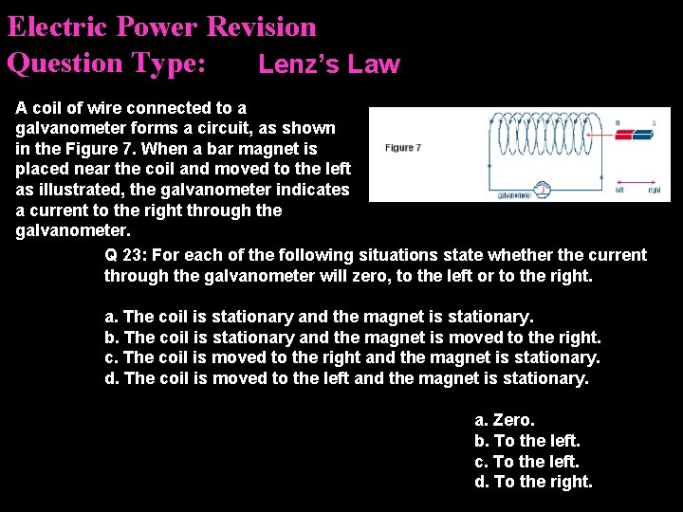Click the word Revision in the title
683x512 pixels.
(x=261, y=27)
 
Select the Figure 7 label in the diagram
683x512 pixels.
(x=403, y=148)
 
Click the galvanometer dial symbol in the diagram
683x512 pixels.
(x=543, y=191)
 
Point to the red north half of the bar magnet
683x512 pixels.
(x=625, y=135)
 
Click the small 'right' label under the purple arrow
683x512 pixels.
(x=654, y=191)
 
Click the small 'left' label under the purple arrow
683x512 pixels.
(x=618, y=191)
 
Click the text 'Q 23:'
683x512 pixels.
(x=125, y=255)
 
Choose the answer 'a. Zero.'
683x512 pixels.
(x=505, y=419)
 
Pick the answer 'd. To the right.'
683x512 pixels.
(x=533, y=482)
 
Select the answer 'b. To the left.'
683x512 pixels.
(x=526, y=440)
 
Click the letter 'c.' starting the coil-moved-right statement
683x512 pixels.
(x=112, y=357)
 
